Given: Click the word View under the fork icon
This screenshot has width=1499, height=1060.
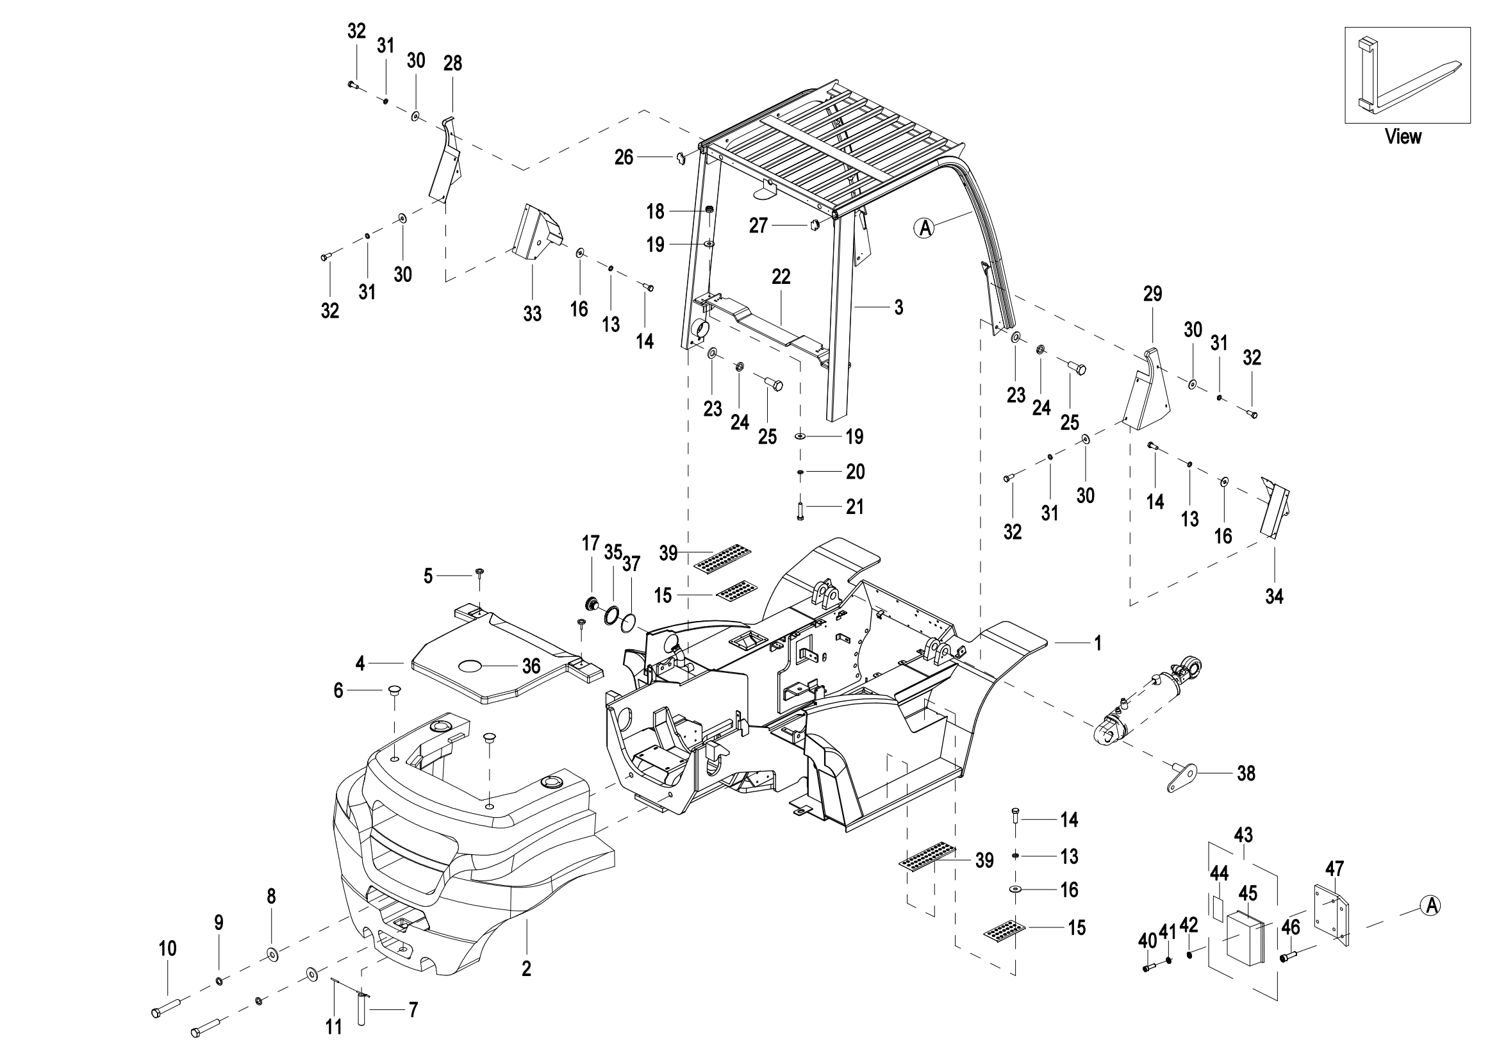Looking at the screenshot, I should (x=1403, y=137).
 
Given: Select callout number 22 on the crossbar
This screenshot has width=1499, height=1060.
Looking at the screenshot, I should (x=781, y=277).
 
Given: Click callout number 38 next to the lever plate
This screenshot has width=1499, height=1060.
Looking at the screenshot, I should (x=1246, y=774).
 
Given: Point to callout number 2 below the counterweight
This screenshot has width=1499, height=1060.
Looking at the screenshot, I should (x=526, y=968).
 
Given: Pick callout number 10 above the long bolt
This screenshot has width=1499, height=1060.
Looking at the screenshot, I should (x=168, y=948).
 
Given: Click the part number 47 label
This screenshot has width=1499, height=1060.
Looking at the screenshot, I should (x=1334, y=869).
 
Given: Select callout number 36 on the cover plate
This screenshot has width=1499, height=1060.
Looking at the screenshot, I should (x=531, y=666).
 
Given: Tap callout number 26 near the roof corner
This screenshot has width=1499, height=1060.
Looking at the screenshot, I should (x=624, y=157).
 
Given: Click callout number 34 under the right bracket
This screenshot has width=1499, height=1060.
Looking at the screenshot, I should (x=1274, y=596).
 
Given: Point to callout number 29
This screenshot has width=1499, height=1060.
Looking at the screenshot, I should (x=1152, y=294).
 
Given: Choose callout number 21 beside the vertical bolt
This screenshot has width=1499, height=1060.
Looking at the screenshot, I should (x=855, y=506).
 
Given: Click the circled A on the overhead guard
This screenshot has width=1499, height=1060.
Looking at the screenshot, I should (x=924, y=228).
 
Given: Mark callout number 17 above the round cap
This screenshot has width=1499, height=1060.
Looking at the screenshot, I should (x=590, y=543).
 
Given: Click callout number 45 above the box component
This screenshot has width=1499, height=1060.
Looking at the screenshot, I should (x=1248, y=893).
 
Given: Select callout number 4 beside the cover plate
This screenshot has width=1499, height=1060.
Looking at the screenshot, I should (x=360, y=664).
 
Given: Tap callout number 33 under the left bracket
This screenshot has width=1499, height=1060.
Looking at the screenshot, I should (x=532, y=314).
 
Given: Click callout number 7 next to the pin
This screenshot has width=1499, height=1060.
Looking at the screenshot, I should (x=413, y=1011).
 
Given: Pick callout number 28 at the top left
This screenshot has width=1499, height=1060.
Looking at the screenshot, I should (x=452, y=63).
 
